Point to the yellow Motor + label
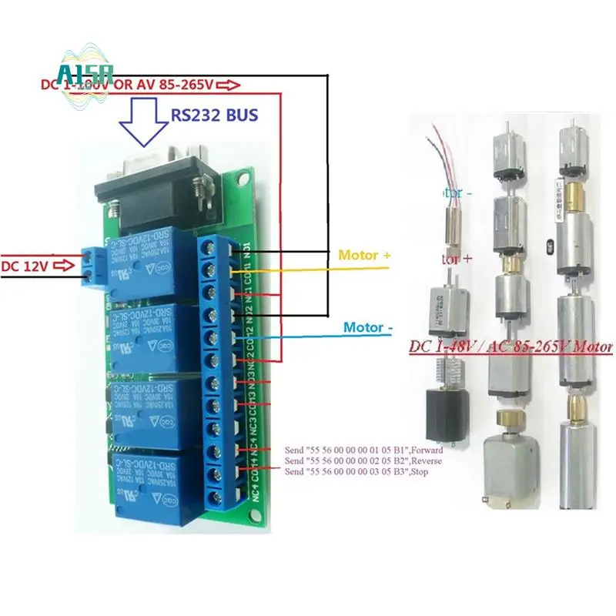click(x=359, y=255)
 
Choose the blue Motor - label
click(x=368, y=327)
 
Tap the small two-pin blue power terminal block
click(x=95, y=266)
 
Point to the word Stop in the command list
click(x=420, y=471)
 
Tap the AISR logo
click(x=85, y=74)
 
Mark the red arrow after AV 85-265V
click(x=233, y=85)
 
